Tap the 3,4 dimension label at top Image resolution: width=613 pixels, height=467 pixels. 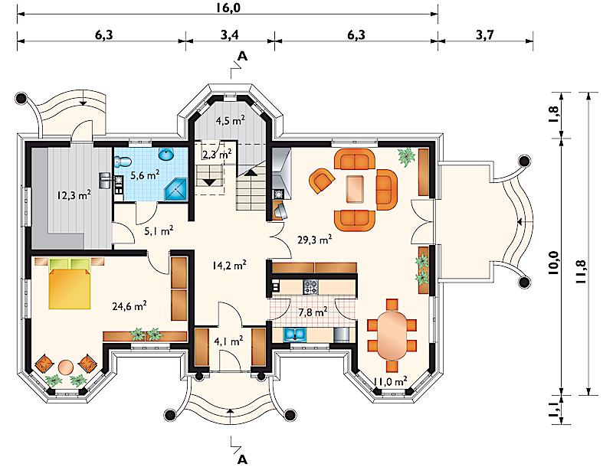229,34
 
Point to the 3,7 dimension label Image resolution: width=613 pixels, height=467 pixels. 485,34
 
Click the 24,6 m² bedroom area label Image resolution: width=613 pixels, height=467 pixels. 129,306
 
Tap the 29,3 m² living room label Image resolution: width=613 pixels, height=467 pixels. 315,240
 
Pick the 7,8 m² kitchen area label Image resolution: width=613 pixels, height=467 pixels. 313,312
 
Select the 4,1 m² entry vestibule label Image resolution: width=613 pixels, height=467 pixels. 228,341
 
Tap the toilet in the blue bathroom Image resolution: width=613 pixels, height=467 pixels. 123,162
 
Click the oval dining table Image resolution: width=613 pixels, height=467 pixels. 392,335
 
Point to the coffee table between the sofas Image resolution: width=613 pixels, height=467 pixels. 355,189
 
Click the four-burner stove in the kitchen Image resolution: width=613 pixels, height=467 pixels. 311,287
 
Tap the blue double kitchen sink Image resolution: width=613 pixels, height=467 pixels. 295,335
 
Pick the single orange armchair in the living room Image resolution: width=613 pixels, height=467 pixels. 321,180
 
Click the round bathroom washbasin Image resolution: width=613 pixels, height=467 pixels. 166,155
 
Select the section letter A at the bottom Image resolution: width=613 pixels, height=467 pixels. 243,459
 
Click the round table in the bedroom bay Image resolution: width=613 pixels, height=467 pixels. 65,367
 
